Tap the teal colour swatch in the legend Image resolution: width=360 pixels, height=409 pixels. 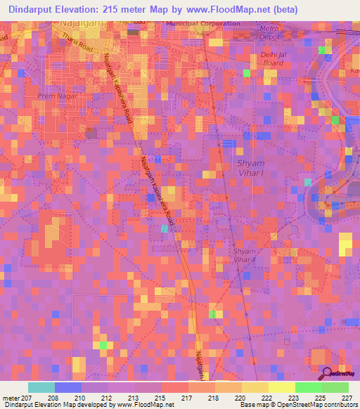tap(41, 387)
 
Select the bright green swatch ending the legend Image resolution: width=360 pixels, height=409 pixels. tap(335, 387)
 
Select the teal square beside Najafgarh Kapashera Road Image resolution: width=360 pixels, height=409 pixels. tap(165, 228)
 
